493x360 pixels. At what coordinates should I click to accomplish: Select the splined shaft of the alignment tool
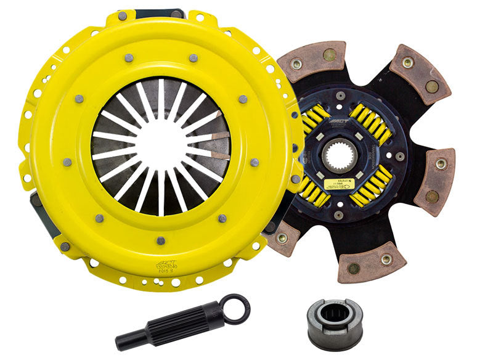184,321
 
